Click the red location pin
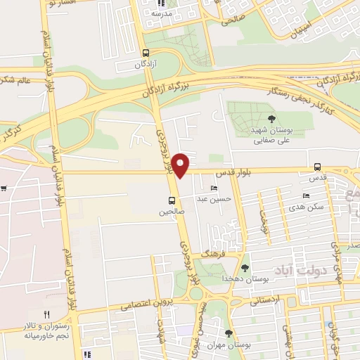[x=181, y=165]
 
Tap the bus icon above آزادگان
[x=146, y=53]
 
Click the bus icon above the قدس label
[x=318, y=167]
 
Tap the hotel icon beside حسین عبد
[x=214, y=188]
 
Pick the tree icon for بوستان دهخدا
[x=245, y=267]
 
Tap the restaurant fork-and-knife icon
[x=46, y=314]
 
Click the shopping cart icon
[x=4, y=188]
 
